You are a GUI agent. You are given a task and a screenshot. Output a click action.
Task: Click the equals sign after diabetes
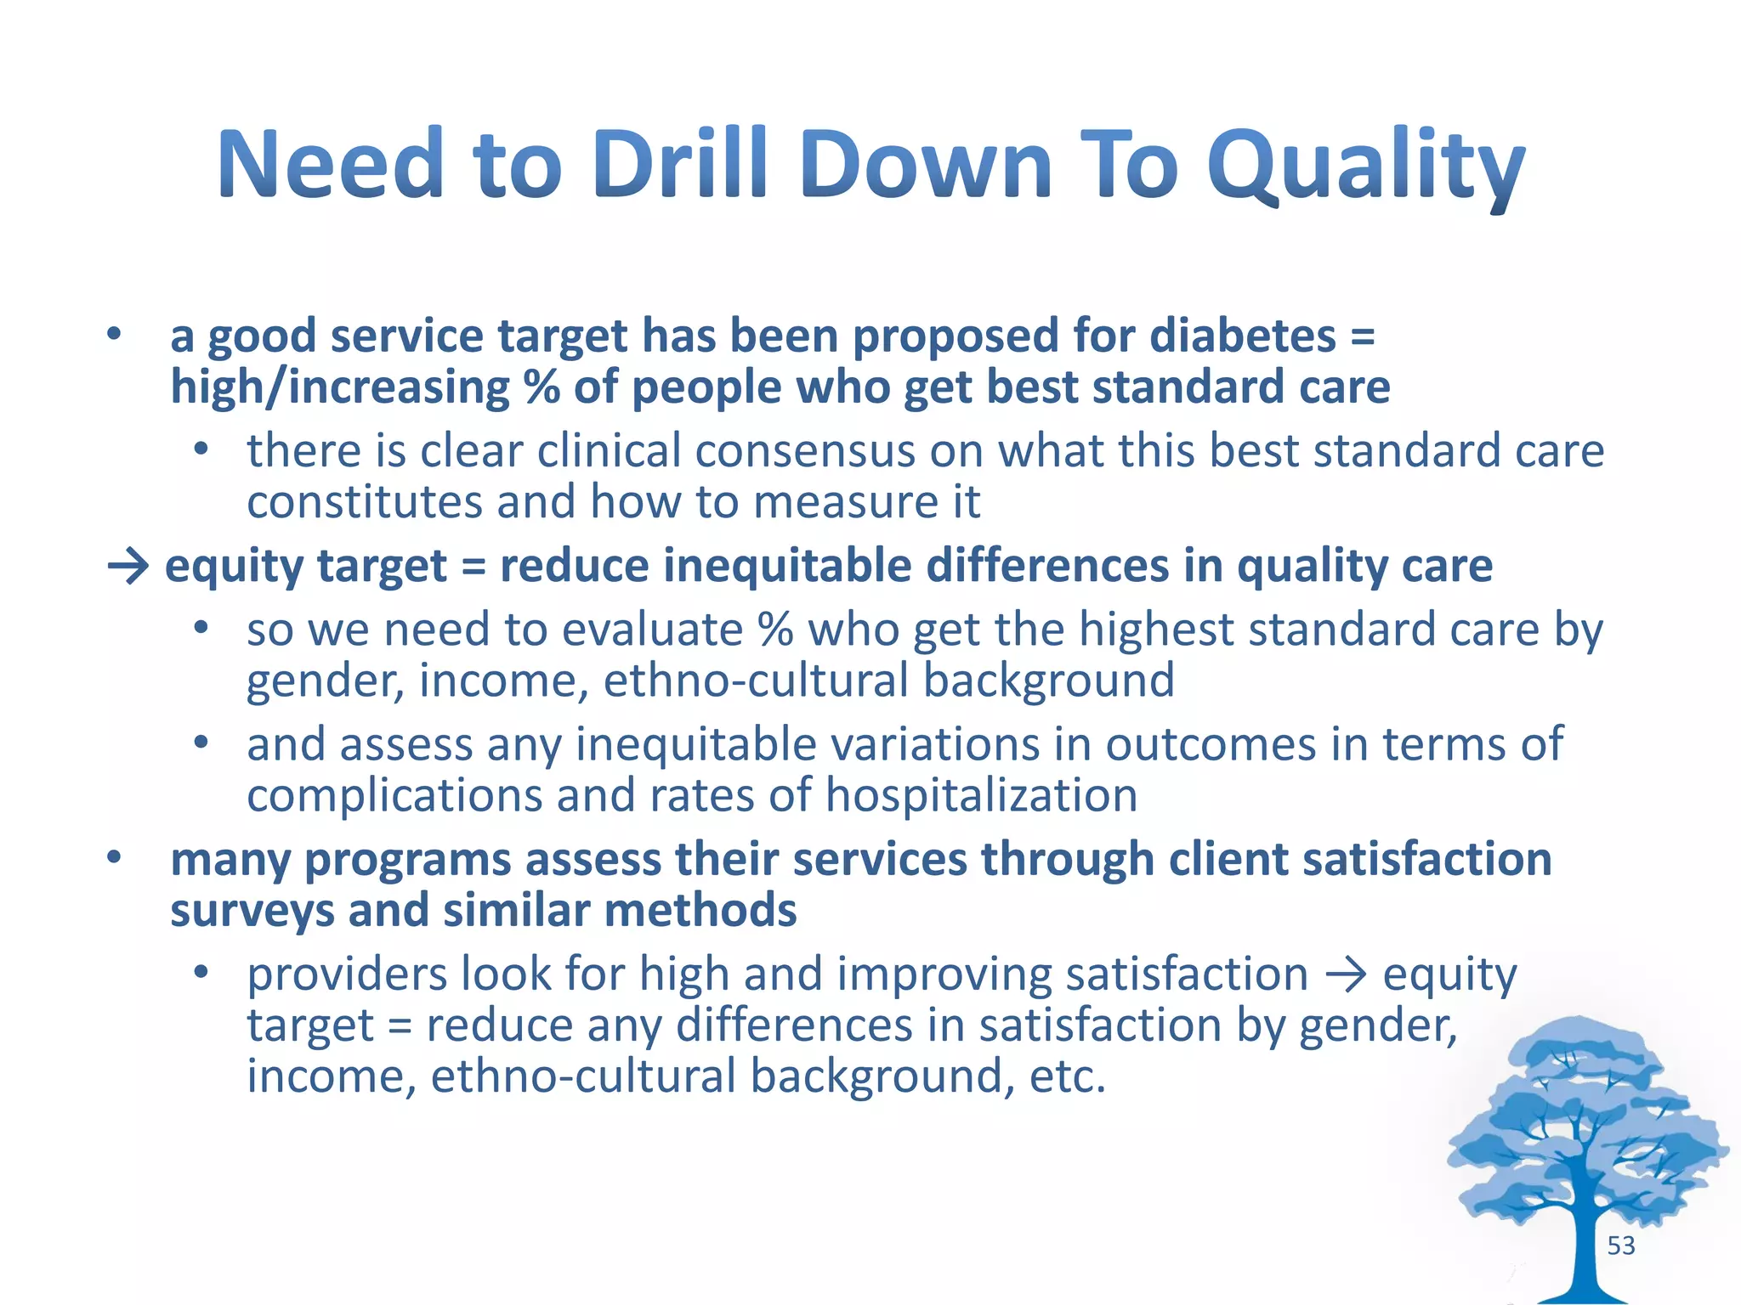(1362, 337)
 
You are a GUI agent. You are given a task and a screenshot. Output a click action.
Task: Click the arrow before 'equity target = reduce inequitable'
(128, 566)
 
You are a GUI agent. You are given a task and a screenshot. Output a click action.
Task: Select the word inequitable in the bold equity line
(786, 566)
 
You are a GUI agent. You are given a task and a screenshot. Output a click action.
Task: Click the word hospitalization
(981, 796)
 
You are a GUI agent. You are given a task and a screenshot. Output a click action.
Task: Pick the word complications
(394, 796)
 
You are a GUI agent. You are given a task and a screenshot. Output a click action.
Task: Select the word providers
(346, 974)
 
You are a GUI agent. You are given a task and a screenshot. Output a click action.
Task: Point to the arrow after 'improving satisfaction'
(1345, 975)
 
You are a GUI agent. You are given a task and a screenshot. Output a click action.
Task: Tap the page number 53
(1620, 1246)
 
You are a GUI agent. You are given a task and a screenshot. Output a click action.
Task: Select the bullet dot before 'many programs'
(114, 857)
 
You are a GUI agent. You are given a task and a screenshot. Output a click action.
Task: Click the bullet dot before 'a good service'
(114, 334)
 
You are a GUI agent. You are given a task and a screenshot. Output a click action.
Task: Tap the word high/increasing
(339, 387)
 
